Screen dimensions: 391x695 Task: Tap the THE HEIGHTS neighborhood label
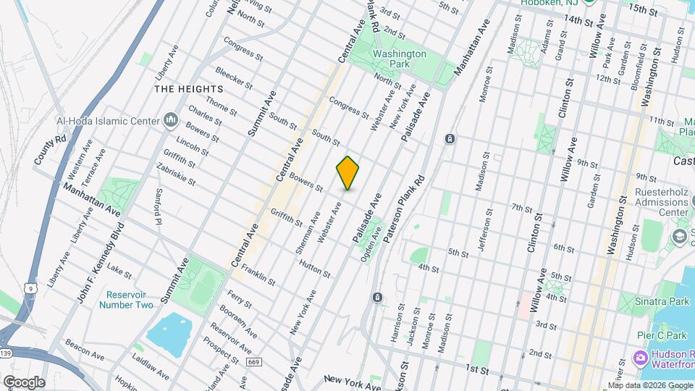pos(188,88)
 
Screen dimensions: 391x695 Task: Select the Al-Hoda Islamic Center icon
pos(172,118)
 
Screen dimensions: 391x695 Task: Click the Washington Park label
pos(400,59)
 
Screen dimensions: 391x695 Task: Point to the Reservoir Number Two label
pos(130,300)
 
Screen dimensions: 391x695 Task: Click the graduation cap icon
pos(679,237)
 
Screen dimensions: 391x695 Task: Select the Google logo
pos(23,382)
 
